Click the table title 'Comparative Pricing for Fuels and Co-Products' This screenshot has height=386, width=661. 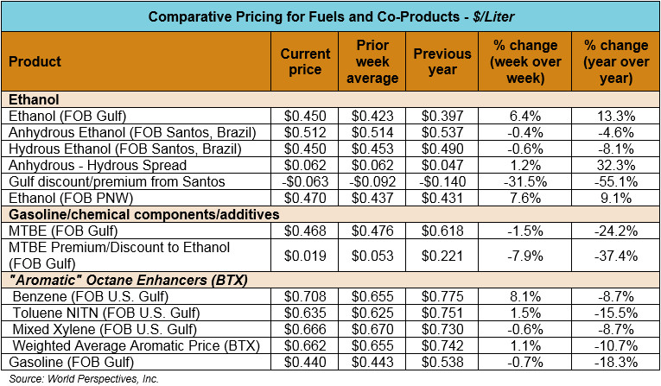[x=330, y=16]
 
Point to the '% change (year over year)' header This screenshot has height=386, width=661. [x=617, y=61]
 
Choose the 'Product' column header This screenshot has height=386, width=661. [x=35, y=61]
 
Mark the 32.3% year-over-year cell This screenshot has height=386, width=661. [x=617, y=164]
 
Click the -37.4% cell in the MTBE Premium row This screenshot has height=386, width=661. [x=617, y=255]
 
